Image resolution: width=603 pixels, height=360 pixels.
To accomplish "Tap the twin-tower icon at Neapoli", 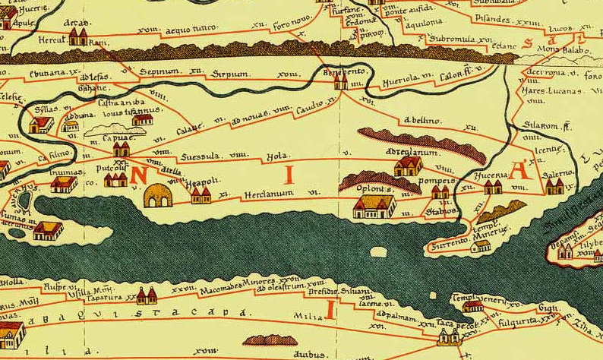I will click(x=200, y=196).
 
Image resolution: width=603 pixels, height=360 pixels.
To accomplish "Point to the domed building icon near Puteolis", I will click(x=158, y=196).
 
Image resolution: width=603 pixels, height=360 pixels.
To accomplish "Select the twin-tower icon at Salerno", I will click(x=554, y=185).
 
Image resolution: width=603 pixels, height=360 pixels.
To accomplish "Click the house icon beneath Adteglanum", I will click(x=409, y=165).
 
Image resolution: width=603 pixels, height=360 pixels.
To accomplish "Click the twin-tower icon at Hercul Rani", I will click(x=77, y=37).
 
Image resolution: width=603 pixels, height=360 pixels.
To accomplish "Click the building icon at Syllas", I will click(x=41, y=123).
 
